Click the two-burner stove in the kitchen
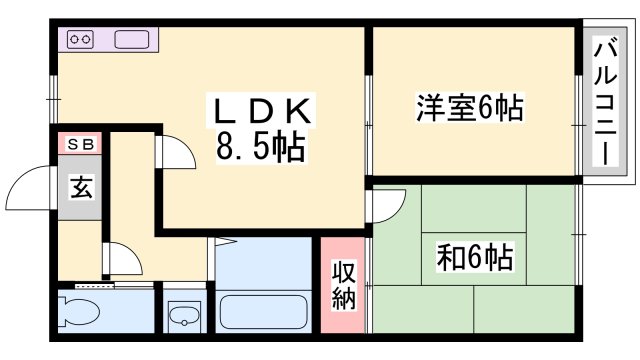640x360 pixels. pos(80,40)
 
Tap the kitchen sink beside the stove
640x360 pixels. pos(132,40)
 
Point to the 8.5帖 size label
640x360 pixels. pos(261,149)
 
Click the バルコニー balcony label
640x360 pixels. pos(605,102)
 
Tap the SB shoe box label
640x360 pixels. pos(80,144)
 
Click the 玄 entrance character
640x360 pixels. pos(81,187)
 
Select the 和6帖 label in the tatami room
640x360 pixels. pos(474,258)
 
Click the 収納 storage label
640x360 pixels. pos(344,286)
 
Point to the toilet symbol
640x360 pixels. pos(79,313)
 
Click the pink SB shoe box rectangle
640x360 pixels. pos(80,144)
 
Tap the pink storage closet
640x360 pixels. pos(344,286)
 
